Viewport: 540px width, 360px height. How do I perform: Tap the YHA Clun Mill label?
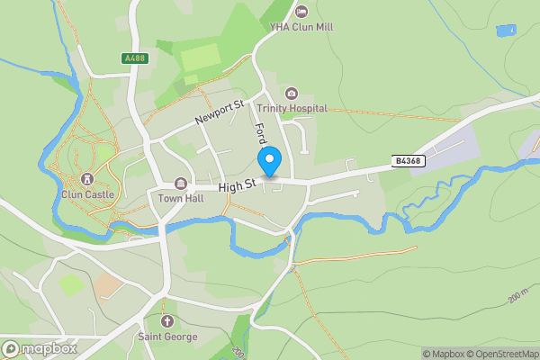pyautogui.click(x=301, y=27)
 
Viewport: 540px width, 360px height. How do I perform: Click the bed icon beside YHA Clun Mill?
pyautogui.click(x=301, y=11)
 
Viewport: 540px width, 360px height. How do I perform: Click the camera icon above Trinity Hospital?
pyautogui.click(x=291, y=94)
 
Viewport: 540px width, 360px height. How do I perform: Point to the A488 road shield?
pyautogui.click(x=133, y=58)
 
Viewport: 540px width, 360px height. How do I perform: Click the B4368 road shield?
pyautogui.click(x=408, y=161)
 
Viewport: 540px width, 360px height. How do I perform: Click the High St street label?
pyautogui.click(x=238, y=187)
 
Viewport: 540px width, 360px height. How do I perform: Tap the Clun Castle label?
pyautogui.click(x=87, y=193)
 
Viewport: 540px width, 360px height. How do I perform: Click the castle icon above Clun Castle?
pyautogui.click(x=87, y=179)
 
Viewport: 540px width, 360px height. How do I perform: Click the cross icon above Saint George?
pyautogui.click(x=166, y=321)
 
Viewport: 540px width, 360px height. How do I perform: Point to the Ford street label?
pyautogui.click(x=263, y=138)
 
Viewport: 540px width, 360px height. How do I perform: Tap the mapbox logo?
pyautogui.click(x=40, y=348)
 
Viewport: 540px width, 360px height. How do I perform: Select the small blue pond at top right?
pyautogui.click(x=506, y=30)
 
